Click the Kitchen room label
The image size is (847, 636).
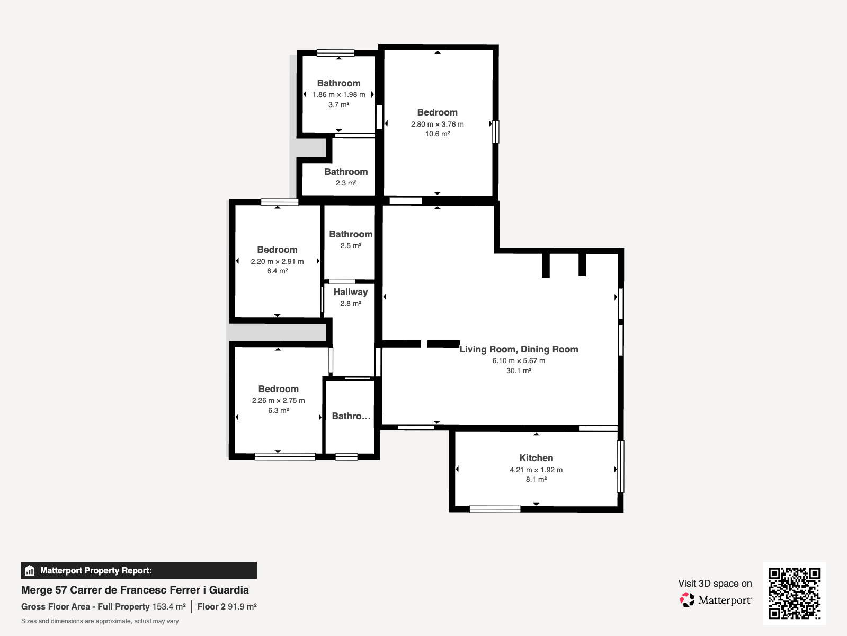pyautogui.click(x=536, y=458)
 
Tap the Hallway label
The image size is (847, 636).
pyautogui.click(x=350, y=292)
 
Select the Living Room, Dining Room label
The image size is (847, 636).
pyautogui.click(x=519, y=349)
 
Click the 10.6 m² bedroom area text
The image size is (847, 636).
pyautogui.click(x=437, y=134)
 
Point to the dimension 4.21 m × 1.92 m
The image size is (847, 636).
pyautogui.click(x=536, y=470)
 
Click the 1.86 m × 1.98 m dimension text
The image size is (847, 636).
pyautogui.click(x=338, y=94)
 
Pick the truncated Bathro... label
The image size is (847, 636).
pyautogui.click(x=351, y=416)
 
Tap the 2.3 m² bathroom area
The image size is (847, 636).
pyautogui.click(x=346, y=183)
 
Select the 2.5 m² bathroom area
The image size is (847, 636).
pyautogui.click(x=350, y=245)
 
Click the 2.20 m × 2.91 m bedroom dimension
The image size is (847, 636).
pyautogui.click(x=277, y=261)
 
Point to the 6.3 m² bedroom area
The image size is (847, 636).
pyautogui.click(x=278, y=410)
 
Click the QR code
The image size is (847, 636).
pyautogui.click(x=794, y=594)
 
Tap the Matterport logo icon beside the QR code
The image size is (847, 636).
pyautogui.click(x=686, y=600)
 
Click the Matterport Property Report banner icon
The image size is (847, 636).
pyautogui.click(x=30, y=570)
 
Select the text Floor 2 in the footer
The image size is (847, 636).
pyautogui.click(x=211, y=607)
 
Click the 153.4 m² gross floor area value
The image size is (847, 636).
pyautogui.click(x=169, y=607)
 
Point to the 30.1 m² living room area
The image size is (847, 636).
pyautogui.click(x=519, y=370)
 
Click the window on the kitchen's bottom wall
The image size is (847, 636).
pyautogui.click(x=495, y=509)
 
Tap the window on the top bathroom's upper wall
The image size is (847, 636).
pyautogui.click(x=335, y=53)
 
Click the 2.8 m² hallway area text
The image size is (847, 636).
pyautogui.click(x=350, y=303)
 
